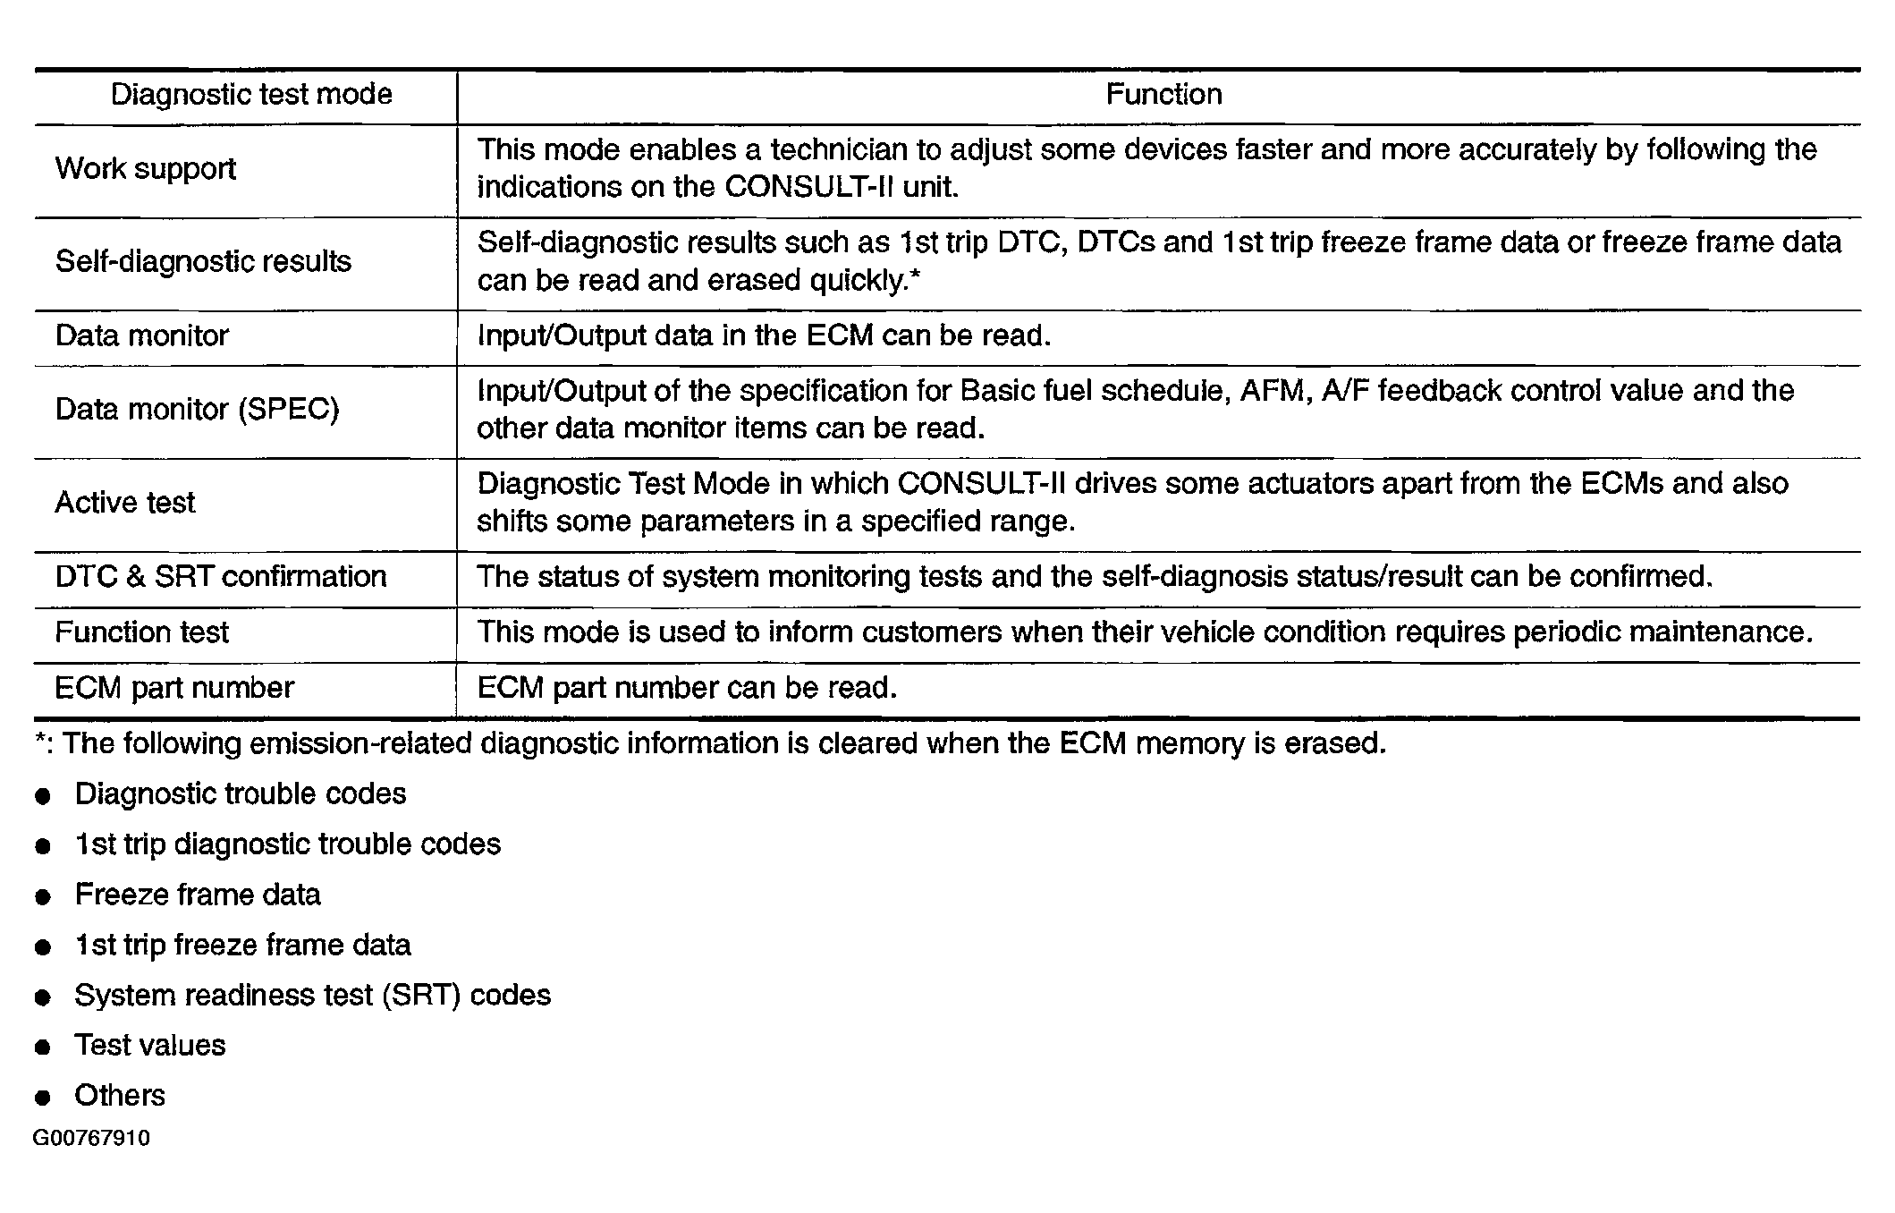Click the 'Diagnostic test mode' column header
251,95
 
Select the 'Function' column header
1163,95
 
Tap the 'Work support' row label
146,169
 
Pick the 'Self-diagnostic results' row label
203,262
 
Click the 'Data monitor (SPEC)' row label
197,410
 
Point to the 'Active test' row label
125,503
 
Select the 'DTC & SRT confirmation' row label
221,577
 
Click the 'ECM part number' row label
174,688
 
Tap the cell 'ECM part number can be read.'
687,688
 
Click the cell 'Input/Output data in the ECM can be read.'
764,336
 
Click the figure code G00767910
91,1139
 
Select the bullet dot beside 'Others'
43,1098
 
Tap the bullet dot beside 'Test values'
43,1048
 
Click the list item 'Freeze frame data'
198,895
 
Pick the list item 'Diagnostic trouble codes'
240,794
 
